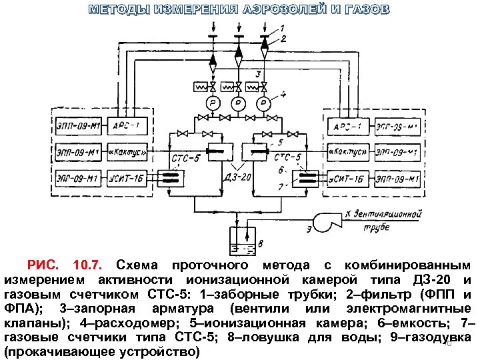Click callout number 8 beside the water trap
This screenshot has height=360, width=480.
[x=261, y=243]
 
